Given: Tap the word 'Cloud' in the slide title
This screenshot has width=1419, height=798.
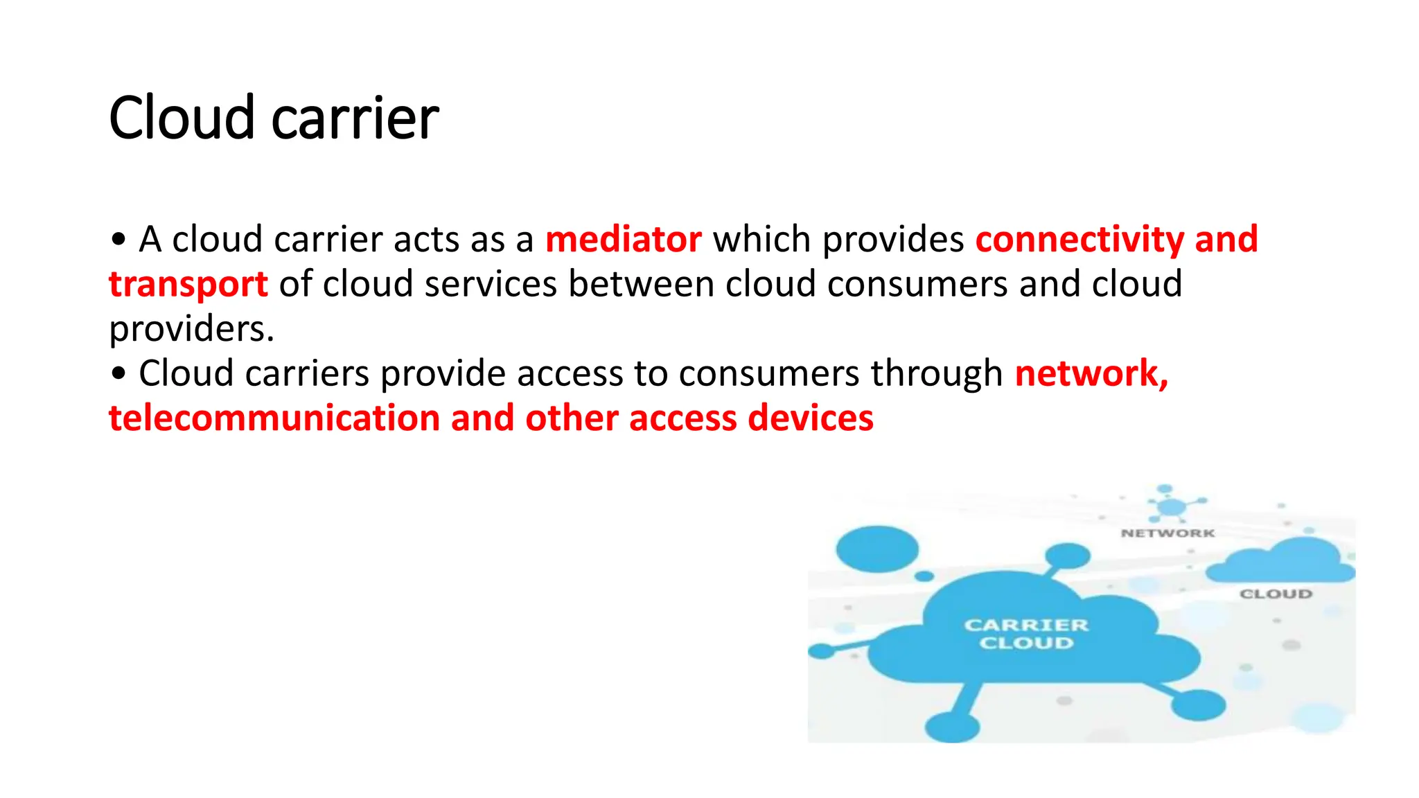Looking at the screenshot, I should [182, 118].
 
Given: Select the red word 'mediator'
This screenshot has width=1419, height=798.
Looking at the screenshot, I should [623, 240].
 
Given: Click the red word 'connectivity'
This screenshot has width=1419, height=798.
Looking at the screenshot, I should [1079, 240].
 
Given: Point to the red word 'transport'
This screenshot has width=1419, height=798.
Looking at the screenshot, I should [188, 285].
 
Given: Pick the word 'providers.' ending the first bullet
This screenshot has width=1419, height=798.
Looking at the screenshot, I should [191, 330].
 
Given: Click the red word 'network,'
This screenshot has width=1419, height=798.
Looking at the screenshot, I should [1091, 374].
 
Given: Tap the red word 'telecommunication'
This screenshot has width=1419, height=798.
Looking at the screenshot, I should [274, 418].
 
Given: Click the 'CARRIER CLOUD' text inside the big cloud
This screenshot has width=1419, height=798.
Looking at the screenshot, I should [1026, 634].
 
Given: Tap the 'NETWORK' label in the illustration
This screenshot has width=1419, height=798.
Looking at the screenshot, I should [1167, 533].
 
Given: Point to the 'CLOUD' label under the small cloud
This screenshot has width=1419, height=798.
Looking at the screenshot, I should [1276, 594].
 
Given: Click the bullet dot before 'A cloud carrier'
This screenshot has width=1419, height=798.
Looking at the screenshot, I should [118, 240].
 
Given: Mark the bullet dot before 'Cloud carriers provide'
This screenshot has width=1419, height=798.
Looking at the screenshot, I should [118, 374].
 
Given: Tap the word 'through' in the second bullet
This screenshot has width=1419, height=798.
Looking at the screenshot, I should [936, 374].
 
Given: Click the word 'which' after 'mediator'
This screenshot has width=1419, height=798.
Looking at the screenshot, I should [761, 240].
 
